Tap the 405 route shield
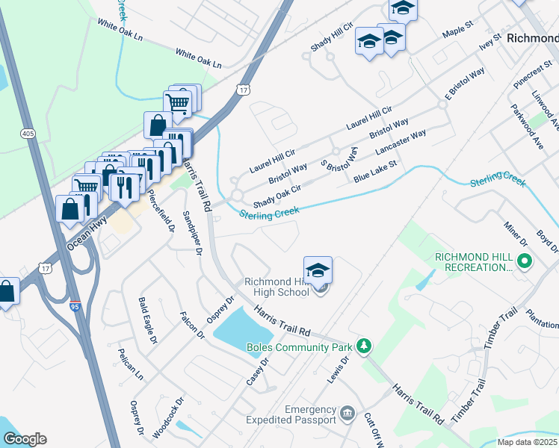click(x=28, y=133)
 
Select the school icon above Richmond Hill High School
click(x=318, y=270)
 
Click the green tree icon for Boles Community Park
click(x=364, y=346)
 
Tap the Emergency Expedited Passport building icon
click(x=347, y=413)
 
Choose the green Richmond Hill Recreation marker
click(x=525, y=261)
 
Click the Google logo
click(x=25, y=438)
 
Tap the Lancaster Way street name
click(x=401, y=142)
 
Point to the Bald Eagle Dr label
click(x=148, y=320)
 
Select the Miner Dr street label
click(x=515, y=234)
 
